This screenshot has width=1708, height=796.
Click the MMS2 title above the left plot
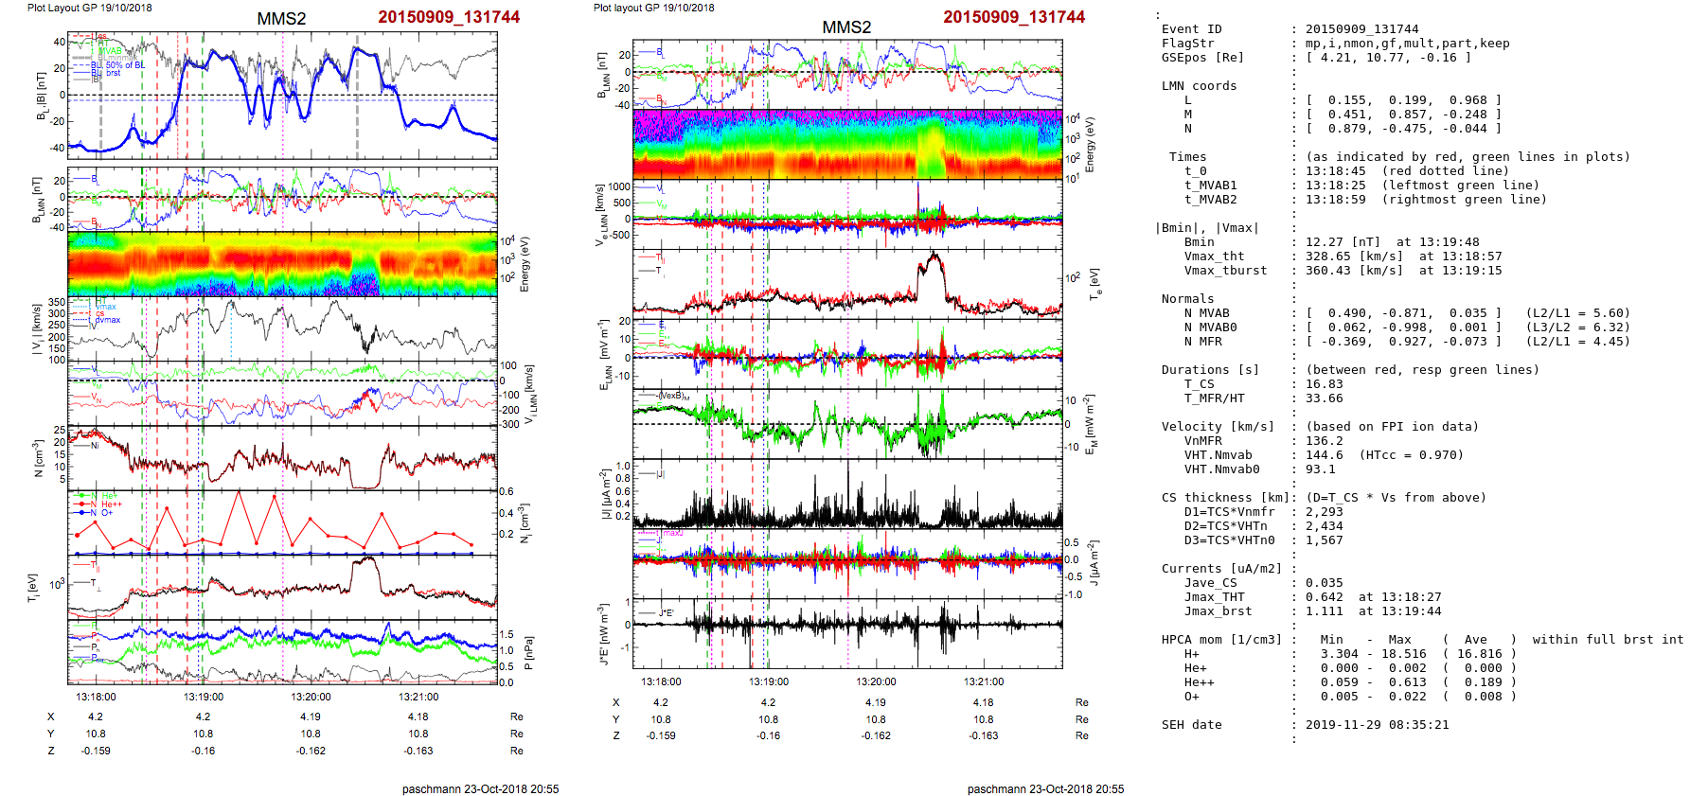281,19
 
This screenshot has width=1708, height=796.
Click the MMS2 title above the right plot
846,27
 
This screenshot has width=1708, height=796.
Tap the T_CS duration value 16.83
1324,384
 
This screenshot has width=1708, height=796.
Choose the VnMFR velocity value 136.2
1324,441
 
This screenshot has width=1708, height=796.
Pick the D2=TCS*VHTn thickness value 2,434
1324,526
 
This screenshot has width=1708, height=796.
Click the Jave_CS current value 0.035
1324,583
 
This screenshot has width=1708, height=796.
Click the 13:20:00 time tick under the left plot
311,697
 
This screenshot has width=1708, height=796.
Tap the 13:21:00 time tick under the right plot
984,681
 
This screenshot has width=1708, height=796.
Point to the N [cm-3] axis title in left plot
39,458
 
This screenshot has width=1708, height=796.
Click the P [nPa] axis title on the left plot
528,652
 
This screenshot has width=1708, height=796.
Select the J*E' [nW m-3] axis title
602,633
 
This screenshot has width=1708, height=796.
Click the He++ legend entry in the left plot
112,504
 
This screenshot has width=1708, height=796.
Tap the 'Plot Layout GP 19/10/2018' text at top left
89,8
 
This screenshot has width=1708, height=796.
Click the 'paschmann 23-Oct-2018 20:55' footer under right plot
1045,788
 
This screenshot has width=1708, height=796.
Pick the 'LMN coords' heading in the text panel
1199,86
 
